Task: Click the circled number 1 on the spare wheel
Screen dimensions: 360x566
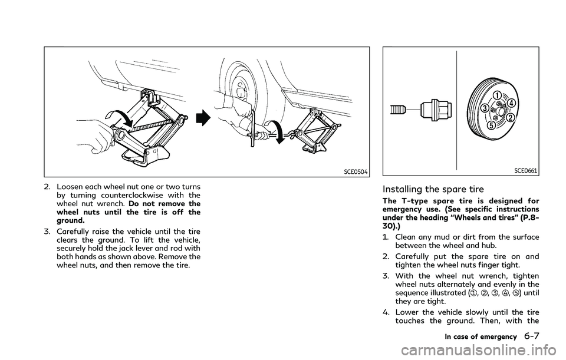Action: [497, 94]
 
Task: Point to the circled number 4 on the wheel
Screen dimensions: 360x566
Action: [513, 103]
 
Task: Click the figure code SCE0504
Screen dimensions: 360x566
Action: [354, 171]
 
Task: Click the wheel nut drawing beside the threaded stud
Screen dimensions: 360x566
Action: [435, 109]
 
